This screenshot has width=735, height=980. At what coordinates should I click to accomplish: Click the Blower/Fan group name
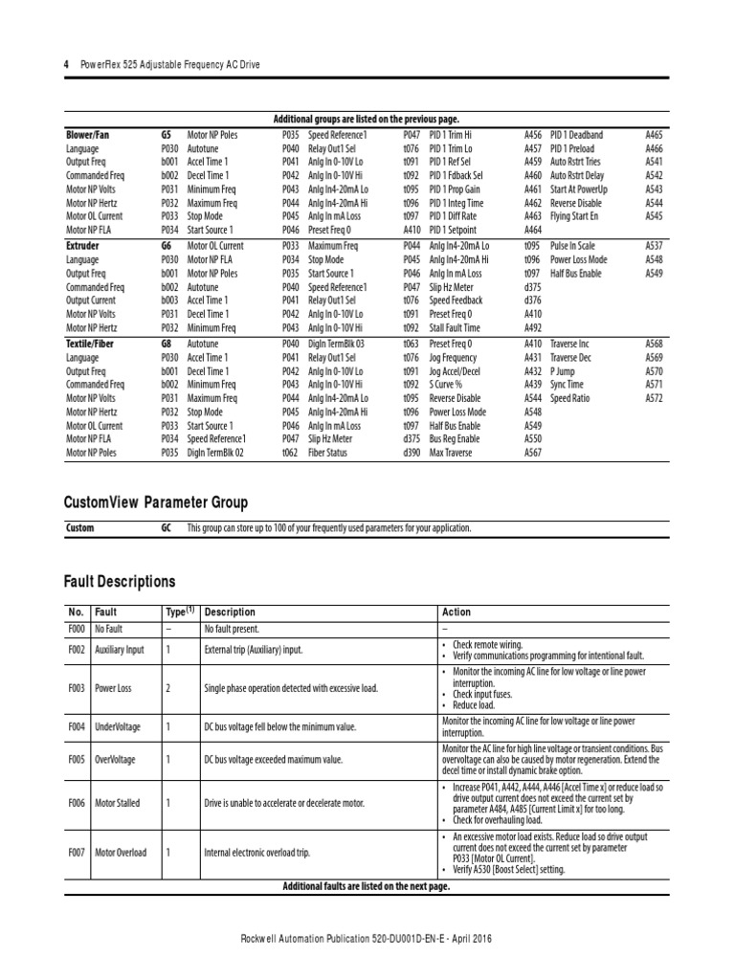point(87,136)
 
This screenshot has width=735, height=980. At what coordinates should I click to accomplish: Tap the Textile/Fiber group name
point(90,343)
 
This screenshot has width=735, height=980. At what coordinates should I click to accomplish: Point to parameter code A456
point(532,136)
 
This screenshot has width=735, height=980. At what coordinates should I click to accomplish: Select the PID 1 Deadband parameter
point(576,136)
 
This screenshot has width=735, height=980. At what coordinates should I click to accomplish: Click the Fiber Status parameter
point(328,453)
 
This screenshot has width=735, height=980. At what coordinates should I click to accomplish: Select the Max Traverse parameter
point(451,453)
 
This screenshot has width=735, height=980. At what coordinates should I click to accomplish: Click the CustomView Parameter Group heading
point(155,502)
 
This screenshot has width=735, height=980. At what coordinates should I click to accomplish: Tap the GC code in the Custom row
point(167,528)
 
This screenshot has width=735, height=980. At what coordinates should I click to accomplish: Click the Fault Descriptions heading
point(120,581)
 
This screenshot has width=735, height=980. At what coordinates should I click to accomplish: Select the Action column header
point(457,612)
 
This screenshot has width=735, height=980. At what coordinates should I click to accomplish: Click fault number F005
point(77,759)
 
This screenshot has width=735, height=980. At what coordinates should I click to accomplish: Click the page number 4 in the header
point(66,64)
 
